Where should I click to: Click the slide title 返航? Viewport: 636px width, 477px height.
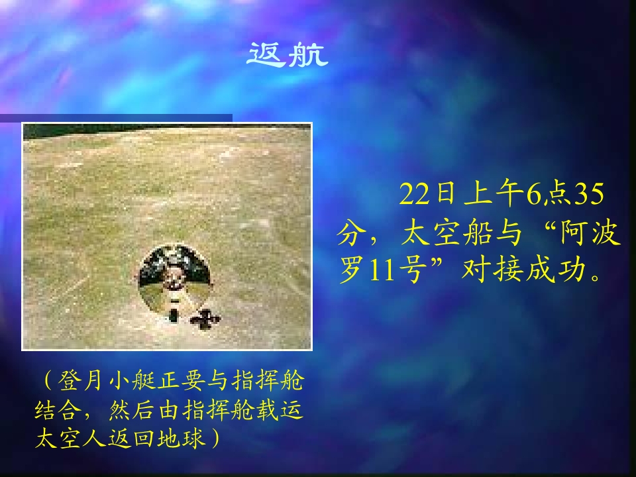tap(288, 54)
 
